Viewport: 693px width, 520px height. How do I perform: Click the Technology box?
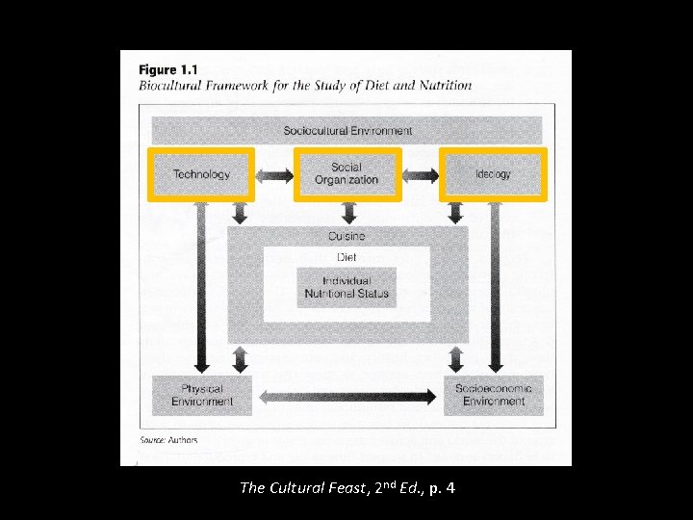201,174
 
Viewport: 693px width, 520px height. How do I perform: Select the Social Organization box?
346,174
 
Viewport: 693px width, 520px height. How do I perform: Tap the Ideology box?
493,174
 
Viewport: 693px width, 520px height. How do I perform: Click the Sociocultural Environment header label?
347,131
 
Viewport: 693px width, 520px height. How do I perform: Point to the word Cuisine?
346,236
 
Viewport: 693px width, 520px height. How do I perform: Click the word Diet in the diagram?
346,257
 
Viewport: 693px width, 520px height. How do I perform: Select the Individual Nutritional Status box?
346,287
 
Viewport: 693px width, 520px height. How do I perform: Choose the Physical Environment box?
202,395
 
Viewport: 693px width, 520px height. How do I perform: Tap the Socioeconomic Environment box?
493,395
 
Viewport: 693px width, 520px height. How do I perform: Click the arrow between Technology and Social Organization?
274,175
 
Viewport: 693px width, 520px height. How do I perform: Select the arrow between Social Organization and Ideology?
421,175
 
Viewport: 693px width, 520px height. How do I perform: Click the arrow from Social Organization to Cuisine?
347,212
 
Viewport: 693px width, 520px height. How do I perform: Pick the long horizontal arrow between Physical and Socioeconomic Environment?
347,396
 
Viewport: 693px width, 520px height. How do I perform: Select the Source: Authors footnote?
168,440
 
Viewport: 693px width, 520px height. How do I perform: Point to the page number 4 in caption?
450,488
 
